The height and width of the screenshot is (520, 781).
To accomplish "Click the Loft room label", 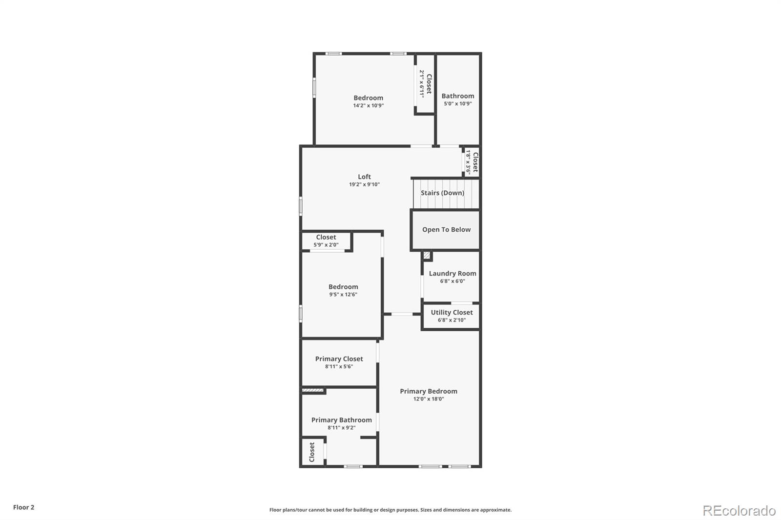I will [364, 177].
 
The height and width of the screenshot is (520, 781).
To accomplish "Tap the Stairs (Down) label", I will [442, 193].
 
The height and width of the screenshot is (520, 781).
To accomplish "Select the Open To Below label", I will [446, 229].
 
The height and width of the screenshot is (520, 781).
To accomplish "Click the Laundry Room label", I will [452, 273].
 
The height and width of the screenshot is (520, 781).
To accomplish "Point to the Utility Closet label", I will [452, 312].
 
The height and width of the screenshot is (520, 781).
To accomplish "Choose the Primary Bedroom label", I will [429, 391].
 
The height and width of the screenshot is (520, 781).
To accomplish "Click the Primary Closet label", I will [339, 359].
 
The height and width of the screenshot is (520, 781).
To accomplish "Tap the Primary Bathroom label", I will [341, 420].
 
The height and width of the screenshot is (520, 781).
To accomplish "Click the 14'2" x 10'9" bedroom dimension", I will [369, 105].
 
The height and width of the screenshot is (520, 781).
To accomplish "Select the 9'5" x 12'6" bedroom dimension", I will [343, 295].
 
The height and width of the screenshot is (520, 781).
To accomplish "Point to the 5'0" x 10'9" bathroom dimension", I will [458, 103].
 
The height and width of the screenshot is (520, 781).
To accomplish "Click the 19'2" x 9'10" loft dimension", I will [364, 184].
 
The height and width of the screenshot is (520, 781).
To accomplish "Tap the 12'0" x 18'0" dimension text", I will [429, 399].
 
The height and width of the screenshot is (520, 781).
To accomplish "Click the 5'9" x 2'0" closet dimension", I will [326, 245].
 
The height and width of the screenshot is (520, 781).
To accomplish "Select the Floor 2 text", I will [23, 507].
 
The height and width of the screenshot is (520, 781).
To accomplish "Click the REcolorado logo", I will [739, 511].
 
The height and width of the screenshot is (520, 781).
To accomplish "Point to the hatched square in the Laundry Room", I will [427, 255].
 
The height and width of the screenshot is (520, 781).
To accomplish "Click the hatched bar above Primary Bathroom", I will [313, 390].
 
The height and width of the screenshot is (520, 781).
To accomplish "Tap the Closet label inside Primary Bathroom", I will [312, 452].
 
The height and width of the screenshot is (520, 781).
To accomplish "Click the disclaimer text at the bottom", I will [390, 510].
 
